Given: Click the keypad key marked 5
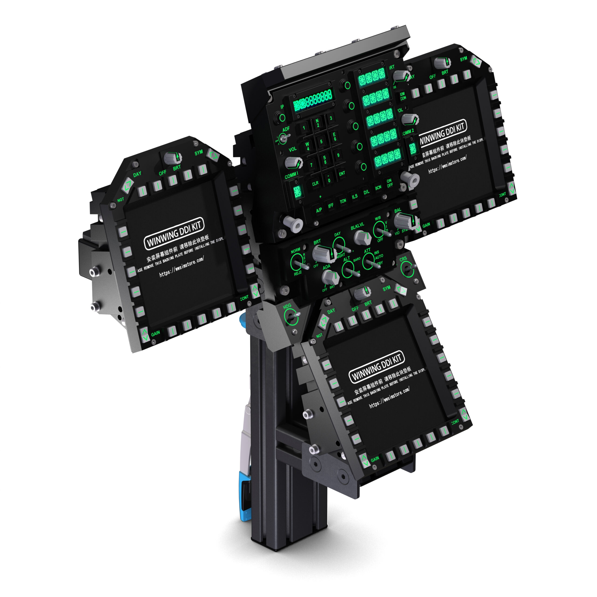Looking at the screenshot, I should (321, 142).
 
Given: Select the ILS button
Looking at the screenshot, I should (354, 196).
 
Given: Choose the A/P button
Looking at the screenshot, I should (319, 210).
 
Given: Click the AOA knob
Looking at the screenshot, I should (330, 277).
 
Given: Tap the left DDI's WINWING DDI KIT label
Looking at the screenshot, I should (174, 233).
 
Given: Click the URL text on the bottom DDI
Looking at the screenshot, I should (389, 397).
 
